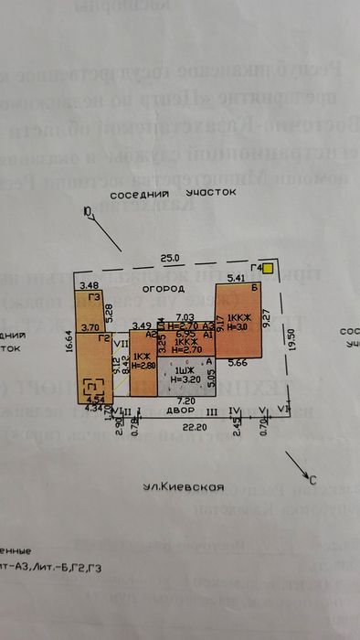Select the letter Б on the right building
(x=255, y=288)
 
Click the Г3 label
(x=92, y=297)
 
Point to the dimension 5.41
(x=236, y=277)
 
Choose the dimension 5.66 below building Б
(x=238, y=363)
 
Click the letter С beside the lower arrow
(x=313, y=479)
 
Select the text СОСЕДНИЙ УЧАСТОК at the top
(x=173, y=195)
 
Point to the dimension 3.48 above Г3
(x=90, y=285)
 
